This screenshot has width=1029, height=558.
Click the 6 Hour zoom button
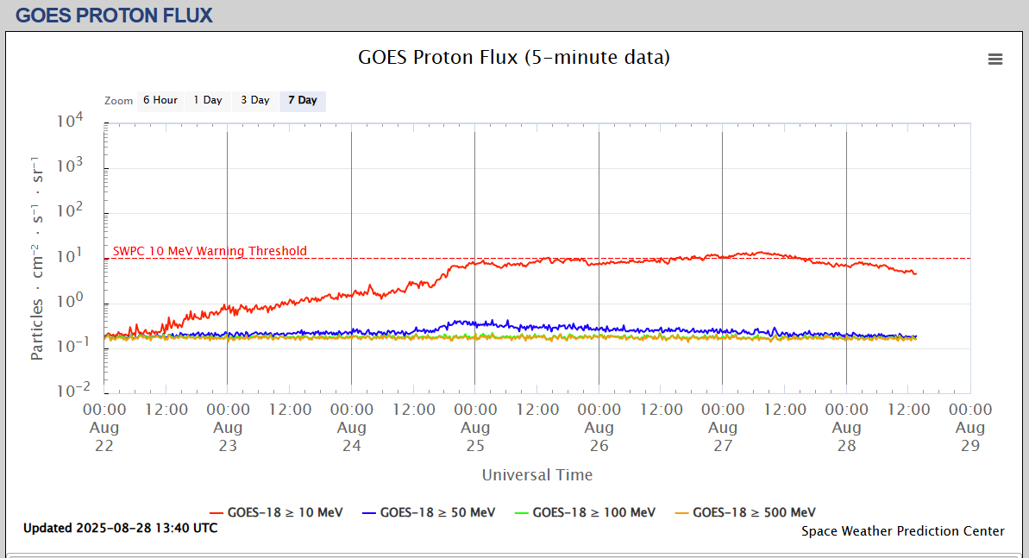click(x=160, y=100)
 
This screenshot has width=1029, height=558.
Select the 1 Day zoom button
click(x=208, y=100)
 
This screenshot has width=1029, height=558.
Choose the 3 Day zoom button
click(x=255, y=100)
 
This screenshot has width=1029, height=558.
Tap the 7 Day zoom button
click(x=303, y=100)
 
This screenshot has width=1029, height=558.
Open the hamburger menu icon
click(x=995, y=60)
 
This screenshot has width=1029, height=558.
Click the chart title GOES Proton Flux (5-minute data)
click(x=514, y=58)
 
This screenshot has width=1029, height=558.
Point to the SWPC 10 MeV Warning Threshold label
click(x=210, y=251)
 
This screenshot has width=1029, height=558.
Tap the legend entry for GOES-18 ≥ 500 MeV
click(x=754, y=512)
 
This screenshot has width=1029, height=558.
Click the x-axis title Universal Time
click(x=537, y=474)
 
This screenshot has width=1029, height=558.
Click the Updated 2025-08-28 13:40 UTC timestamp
click(x=121, y=528)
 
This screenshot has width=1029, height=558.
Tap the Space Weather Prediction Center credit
click(x=903, y=531)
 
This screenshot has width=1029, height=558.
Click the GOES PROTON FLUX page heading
click(x=114, y=16)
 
